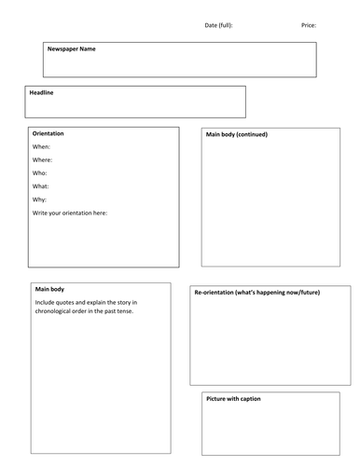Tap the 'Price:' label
coord(309,25)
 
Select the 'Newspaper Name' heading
coord(72,48)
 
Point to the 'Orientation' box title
coord(48,133)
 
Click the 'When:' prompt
coord(42,147)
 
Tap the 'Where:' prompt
coord(43,160)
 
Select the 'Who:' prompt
coord(40,173)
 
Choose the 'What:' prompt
coord(42,186)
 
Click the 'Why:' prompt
coord(40,199)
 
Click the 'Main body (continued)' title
coord(237,134)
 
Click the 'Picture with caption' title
coord(233,399)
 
